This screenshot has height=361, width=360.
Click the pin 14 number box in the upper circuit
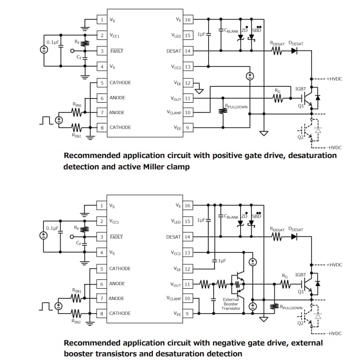pyautogui.click(x=187, y=51)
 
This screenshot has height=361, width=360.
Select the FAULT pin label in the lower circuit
pyautogui.click(x=116, y=237)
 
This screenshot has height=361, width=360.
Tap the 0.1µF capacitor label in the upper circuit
pyautogui.click(x=52, y=42)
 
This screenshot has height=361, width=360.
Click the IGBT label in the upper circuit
pyautogui.click(x=301, y=89)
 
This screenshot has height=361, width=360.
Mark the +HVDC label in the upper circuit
pyautogui.click(x=334, y=79)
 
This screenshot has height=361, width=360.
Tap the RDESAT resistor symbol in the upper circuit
pyautogui.click(x=278, y=51)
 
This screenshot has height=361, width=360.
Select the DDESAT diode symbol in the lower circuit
pyautogui.click(x=295, y=237)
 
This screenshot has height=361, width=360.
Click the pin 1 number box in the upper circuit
pyautogui.click(x=102, y=20)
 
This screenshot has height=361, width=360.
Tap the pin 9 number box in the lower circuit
pyautogui.click(x=187, y=313)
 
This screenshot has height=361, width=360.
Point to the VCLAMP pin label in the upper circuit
pyautogui.click(x=171, y=112)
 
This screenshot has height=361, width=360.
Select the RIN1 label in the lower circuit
pyautogui.click(x=76, y=291)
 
